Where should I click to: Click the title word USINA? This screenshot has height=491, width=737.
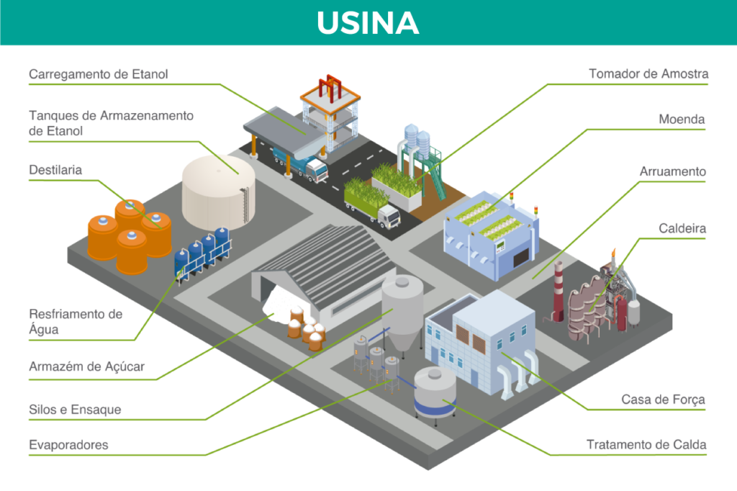(x=368, y=24)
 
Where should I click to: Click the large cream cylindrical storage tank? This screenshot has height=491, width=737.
(x=216, y=191)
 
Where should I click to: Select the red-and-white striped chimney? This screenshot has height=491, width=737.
(x=558, y=291)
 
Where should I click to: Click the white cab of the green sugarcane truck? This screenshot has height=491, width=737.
(x=389, y=216)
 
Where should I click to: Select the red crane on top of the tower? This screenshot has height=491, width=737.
(x=335, y=85)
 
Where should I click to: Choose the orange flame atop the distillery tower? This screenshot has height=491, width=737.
(x=615, y=253)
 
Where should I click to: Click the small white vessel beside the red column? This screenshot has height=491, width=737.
(x=633, y=311)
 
